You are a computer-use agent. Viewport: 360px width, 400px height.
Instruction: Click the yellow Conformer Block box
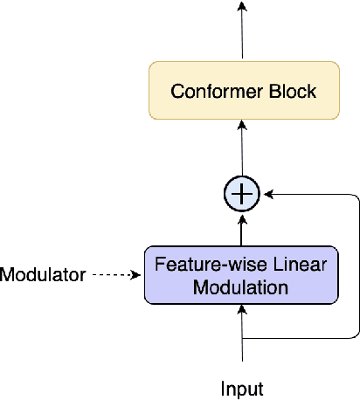tap(242, 91)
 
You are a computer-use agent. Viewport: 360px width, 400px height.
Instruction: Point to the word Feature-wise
tap(195, 264)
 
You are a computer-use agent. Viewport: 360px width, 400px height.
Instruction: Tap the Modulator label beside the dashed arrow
tap(43, 275)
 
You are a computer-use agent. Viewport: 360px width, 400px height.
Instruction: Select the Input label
tap(242, 389)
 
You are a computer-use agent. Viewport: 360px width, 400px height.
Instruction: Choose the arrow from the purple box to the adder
tap(243, 230)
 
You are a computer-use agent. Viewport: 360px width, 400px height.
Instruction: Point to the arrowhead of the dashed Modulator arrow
tap(136, 275)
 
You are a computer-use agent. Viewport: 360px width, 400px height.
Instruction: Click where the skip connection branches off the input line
tap(243, 337)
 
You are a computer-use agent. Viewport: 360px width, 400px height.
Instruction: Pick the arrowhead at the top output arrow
tap(243, 7)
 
